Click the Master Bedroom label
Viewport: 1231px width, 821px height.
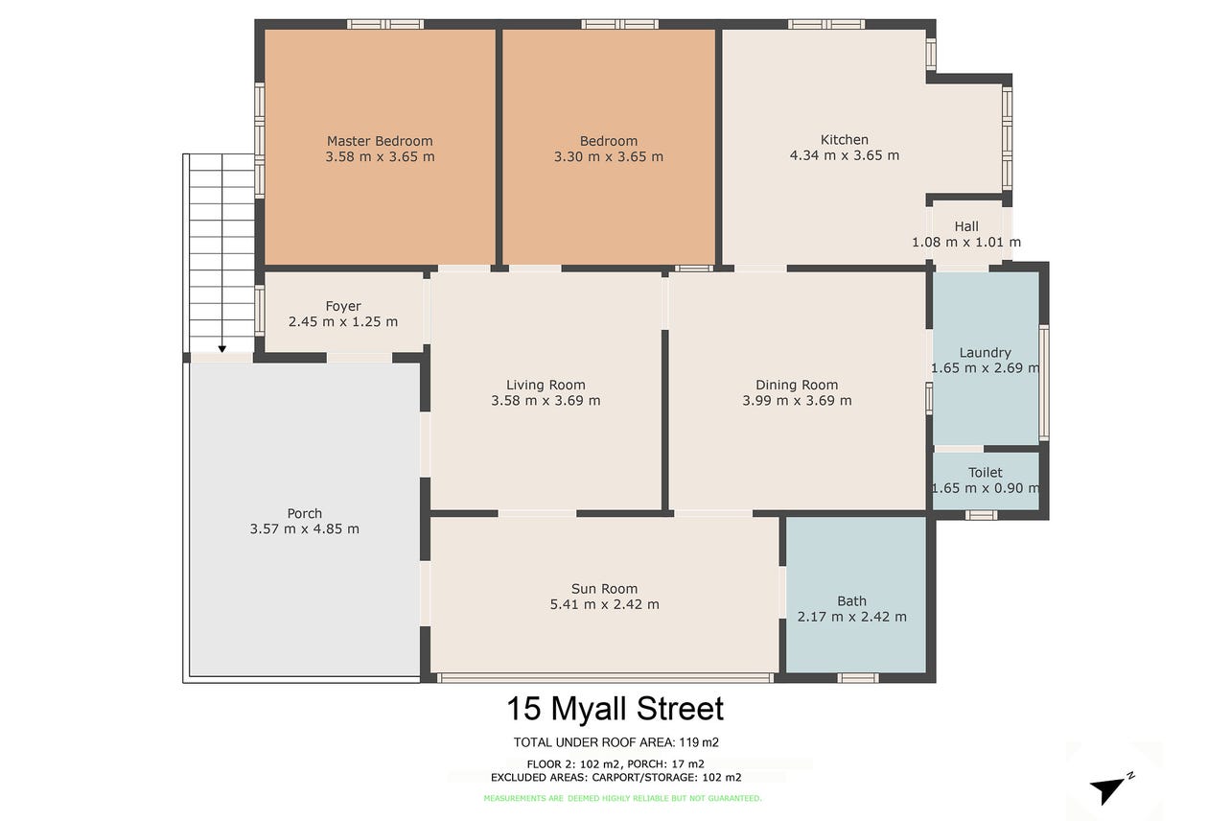(x=380, y=141)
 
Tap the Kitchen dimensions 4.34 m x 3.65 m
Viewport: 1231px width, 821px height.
(x=844, y=155)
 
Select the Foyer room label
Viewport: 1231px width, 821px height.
(x=343, y=306)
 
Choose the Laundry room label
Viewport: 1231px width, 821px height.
(x=985, y=353)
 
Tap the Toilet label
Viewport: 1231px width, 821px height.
(x=985, y=473)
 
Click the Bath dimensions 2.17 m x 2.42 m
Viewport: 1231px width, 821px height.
(x=851, y=617)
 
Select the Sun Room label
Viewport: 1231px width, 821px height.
(x=604, y=589)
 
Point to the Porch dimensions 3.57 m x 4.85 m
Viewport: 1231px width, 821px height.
(x=305, y=529)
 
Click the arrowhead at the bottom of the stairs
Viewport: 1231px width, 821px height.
(x=222, y=348)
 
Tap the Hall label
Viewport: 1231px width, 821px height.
(x=966, y=226)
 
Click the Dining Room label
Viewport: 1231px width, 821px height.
(x=797, y=385)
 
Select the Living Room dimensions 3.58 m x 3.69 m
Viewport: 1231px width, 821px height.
(x=546, y=401)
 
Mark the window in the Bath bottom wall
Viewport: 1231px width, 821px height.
(x=858, y=677)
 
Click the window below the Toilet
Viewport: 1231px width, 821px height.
(x=981, y=515)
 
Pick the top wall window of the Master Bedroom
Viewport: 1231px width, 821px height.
(x=385, y=24)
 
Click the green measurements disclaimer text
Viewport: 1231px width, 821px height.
(x=622, y=798)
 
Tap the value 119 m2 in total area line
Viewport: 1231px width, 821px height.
(x=699, y=742)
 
